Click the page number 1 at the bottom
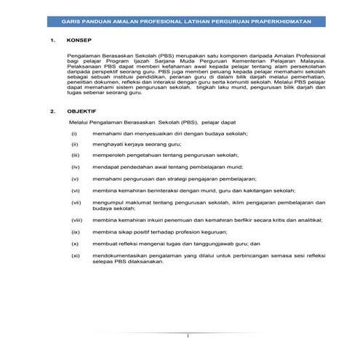(187, 335)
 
